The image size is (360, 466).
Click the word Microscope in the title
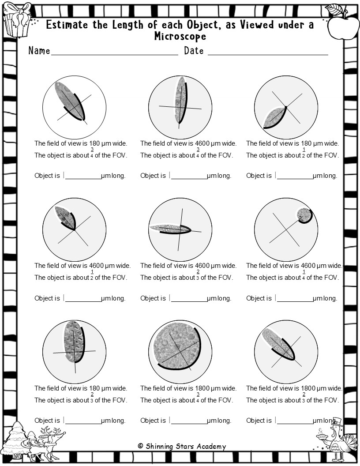tap(180, 36)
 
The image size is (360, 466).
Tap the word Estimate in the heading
tap(67, 25)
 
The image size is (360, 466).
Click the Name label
tap(39, 50)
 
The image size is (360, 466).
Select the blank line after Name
tap(115, 55)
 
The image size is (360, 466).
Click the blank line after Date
tap(268, 55)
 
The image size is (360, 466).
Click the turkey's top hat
tap(337, 422)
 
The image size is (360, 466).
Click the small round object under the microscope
tap(304, 214)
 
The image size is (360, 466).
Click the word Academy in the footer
tap(211, 447)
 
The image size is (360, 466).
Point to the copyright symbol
tap(141, 446)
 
